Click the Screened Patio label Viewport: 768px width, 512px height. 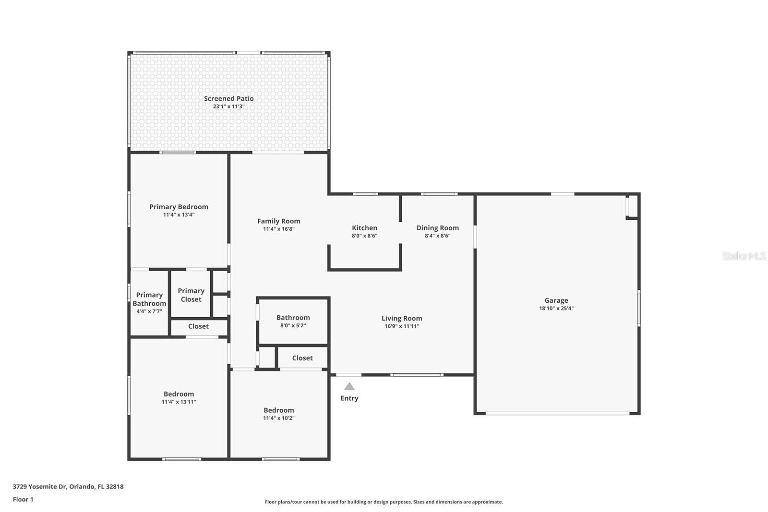[x=228, y=99]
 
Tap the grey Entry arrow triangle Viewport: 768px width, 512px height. [x=349, y=387]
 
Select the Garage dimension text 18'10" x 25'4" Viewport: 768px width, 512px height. [x=556, y=308]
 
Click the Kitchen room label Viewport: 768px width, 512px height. [x=364, y=228]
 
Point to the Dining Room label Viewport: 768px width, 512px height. [x=437, y=228]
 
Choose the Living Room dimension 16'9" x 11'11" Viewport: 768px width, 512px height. [x=402, y=326]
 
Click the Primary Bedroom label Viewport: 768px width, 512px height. [x=179, y=207]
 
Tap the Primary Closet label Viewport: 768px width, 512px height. [x=191, y=295]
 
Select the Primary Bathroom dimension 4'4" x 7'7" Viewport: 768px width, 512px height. [x=149, y=311]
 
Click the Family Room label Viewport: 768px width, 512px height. [x=279, y=221]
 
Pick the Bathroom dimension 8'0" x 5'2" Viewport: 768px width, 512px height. [x=293, y=325]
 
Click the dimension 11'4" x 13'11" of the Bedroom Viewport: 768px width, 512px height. [x=179, y=402]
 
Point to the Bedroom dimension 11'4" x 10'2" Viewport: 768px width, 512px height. [x=279, y=418]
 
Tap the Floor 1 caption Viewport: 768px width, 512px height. [x=23, y=500]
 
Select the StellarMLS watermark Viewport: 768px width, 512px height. [x=744, y=256]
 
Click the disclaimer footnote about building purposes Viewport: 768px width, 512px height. [x=384, y=502]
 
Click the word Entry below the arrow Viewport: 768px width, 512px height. [x=349, y=398]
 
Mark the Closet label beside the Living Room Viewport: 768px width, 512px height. [x=302, y=358]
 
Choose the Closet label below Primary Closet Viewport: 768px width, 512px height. [x=199, y=326]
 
